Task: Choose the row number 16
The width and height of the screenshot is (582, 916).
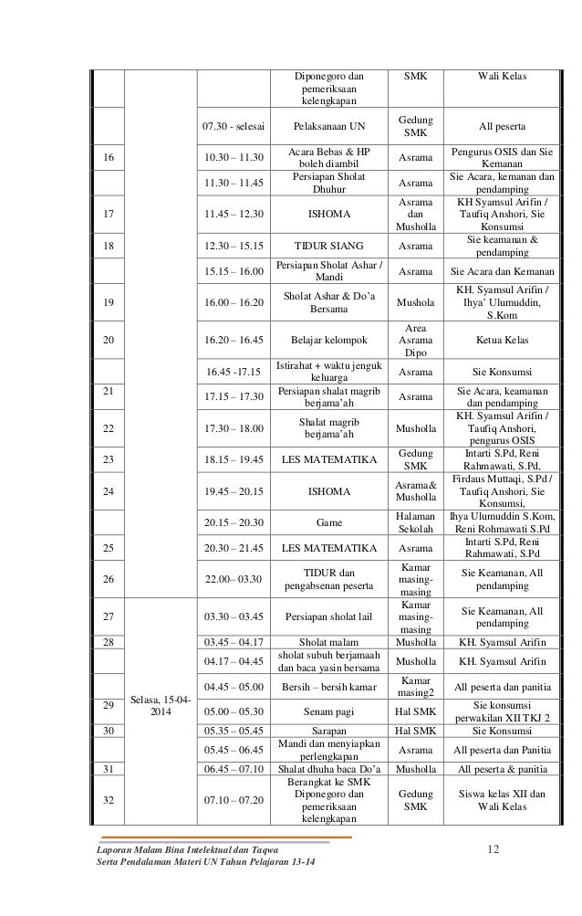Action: point(109,156)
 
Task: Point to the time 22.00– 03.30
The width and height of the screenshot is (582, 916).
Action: point(233,579)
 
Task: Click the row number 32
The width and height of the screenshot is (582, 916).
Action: point(109,800)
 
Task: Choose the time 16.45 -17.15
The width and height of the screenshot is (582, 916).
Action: point(233,372)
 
